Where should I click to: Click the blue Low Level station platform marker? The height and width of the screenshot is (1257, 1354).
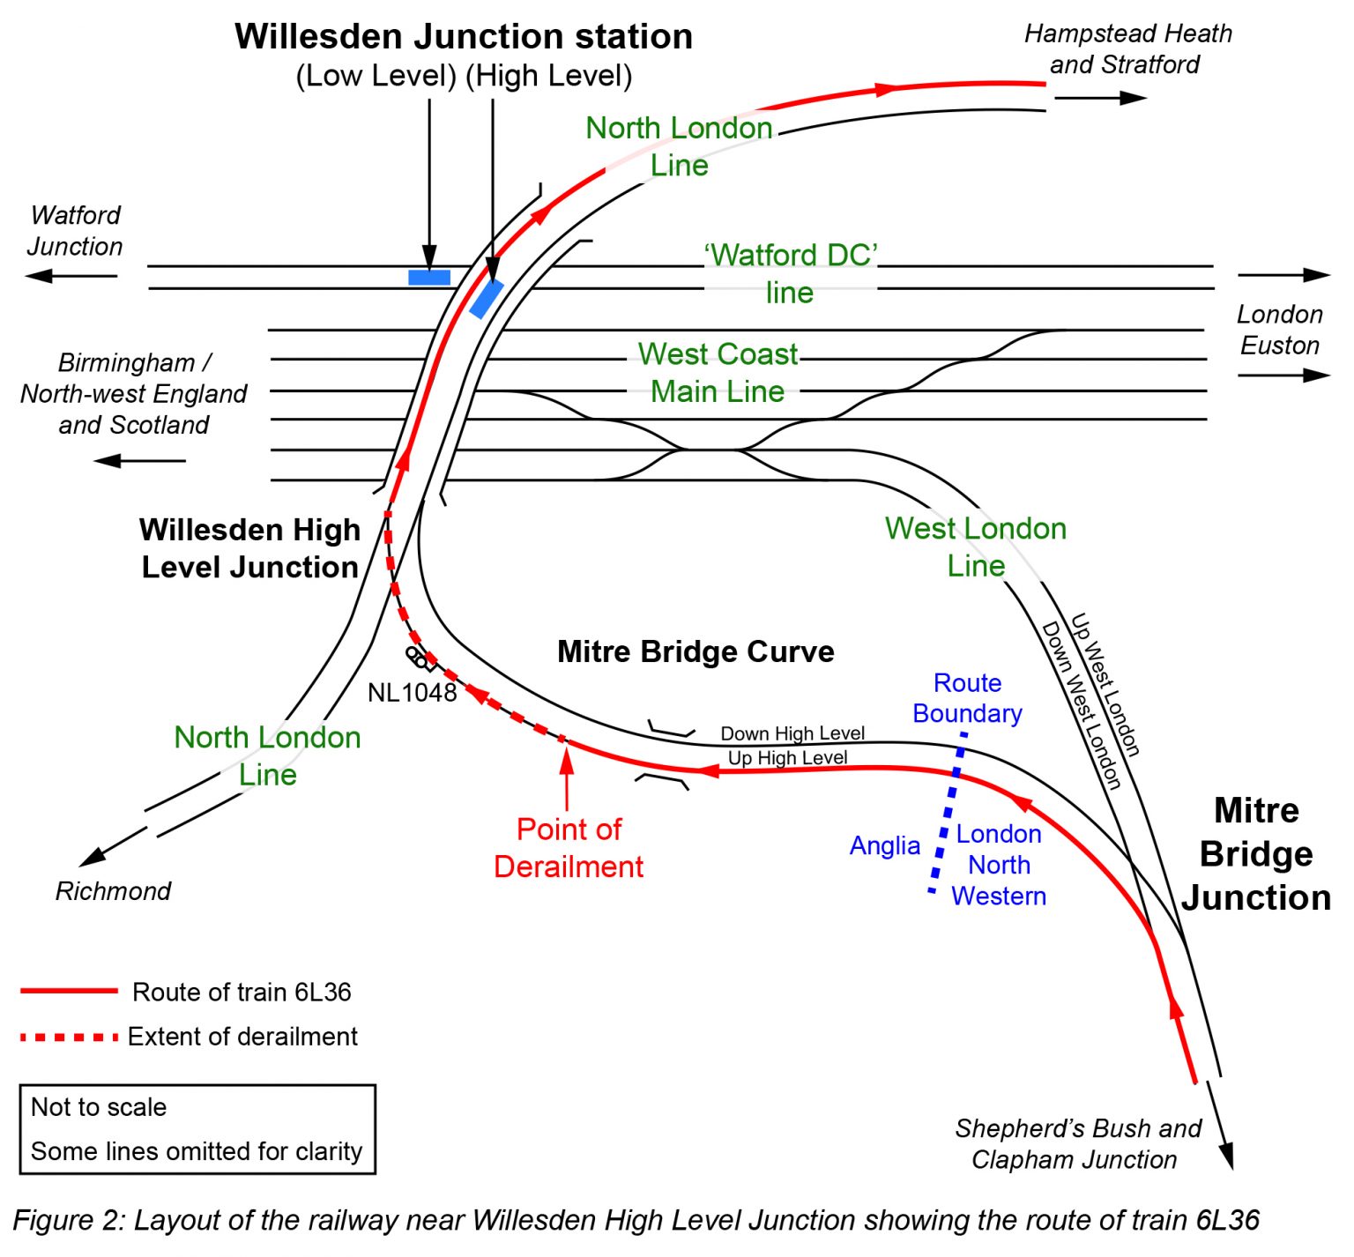click(x=429, y=278)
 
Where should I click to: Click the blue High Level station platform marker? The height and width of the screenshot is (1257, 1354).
click(x=487, y=299)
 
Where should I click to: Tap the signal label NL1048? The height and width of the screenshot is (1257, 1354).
click(x=412, y=693)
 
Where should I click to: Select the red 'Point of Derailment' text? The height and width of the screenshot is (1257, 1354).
click(x=569, y=848)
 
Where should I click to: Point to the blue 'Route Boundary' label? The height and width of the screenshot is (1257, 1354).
click(x=967, y=698)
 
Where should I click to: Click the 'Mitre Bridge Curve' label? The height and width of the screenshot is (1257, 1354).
click(x=696, y=651)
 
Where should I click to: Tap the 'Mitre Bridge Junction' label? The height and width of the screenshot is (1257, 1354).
click(x=1256, y=853)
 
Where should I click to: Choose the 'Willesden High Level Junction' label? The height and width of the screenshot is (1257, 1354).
click(x=250, y=548)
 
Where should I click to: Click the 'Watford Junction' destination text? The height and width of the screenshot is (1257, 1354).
click(x=76, y=231)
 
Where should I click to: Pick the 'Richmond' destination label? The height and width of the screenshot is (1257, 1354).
click(x=113, y=891)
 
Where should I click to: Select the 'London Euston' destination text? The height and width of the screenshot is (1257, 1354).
click(x=1280, y=330)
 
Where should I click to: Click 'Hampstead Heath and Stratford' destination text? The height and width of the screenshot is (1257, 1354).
click(x=1127, y=49)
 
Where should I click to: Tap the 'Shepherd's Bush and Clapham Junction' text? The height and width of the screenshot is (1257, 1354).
click(x=1077, y=1143)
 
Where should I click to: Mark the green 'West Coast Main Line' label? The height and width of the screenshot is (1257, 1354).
click(x=718, y=372)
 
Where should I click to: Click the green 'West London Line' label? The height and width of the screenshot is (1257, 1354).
click(x=975, y=547)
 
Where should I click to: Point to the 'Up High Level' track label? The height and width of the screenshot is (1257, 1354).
click(x=787, y=758)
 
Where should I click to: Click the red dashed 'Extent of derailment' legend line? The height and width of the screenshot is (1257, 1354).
click(x=70, y=1037)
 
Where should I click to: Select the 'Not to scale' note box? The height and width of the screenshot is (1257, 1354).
click(x=197, y=1129)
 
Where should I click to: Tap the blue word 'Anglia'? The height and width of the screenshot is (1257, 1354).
click(x=884, y=846)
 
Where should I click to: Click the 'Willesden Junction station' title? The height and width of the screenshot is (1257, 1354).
click(x=464, y=37)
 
